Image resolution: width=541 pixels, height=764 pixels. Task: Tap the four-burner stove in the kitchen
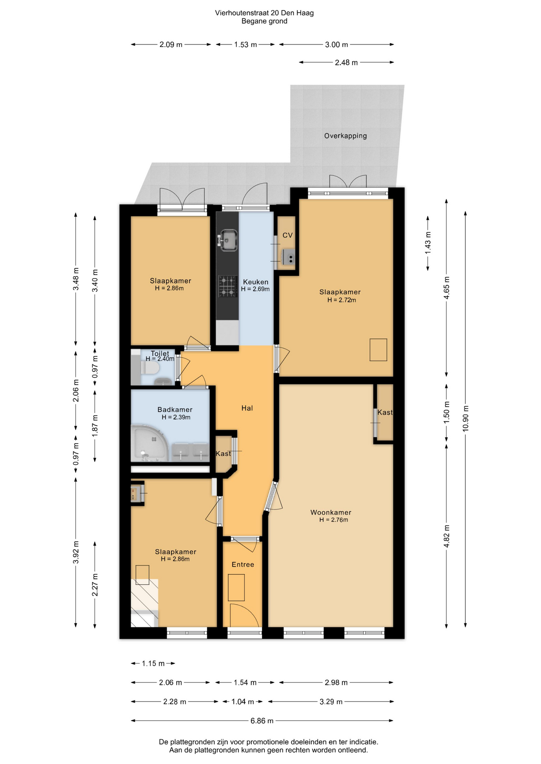[228, 286]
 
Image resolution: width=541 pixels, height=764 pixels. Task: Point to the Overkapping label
[345, 136]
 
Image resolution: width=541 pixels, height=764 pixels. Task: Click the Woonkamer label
[331, 513]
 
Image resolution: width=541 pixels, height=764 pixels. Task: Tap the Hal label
[247, 408]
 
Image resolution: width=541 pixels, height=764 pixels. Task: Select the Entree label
[243, 564]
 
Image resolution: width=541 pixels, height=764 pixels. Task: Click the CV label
[288, 235]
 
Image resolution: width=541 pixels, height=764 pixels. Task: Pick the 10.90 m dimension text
[465, 418]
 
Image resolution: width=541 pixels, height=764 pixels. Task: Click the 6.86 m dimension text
[262, 721]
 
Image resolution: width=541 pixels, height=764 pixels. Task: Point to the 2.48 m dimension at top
[346, 62]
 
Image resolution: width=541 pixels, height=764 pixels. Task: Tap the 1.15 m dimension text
[153, 663]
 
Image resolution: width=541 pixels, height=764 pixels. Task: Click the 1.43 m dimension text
[428, 243]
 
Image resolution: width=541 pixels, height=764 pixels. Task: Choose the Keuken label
[256, 282]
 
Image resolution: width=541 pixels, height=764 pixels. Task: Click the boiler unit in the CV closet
[288, 257]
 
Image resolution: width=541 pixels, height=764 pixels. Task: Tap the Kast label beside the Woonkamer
[385, 412]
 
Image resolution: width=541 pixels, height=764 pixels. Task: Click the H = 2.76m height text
[333, 520]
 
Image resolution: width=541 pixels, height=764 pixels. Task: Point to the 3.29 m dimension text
[331, 702]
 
